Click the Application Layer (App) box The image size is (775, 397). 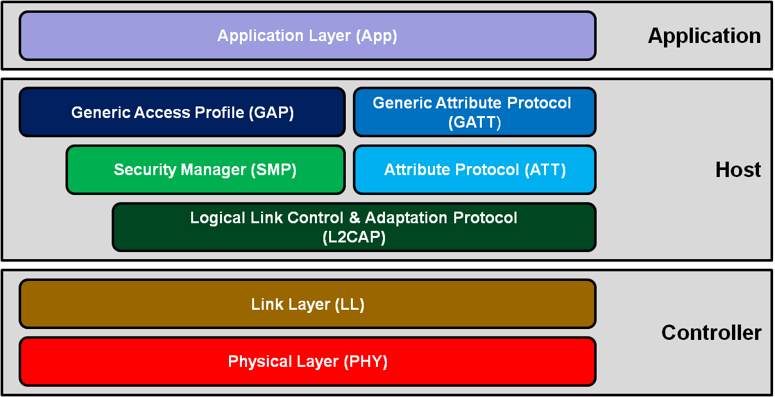(307, 36)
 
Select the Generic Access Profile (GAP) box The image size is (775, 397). (182, 113)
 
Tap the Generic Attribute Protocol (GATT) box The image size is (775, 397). (474, 112)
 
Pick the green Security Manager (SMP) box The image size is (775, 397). (205, 170)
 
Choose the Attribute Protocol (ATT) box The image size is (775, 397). (474, 170)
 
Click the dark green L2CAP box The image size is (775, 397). (353, 227)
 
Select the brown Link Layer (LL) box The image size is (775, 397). (307, 304)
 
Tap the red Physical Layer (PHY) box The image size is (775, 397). (307, 362)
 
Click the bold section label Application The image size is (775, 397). (704, 36)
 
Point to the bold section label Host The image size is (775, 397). (738, 170)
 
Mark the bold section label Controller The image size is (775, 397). (711, 333)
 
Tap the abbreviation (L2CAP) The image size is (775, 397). (353, 237)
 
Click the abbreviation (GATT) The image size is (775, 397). (474, 122)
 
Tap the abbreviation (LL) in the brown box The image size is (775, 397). (350, 304)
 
